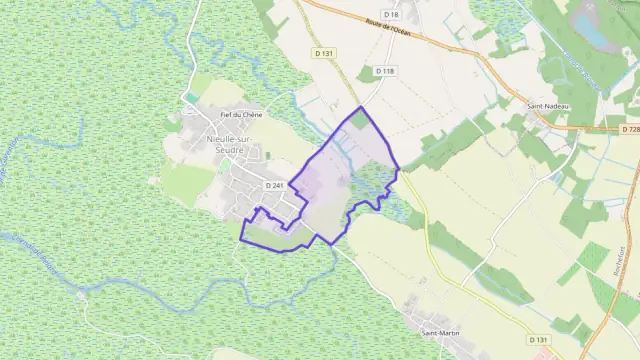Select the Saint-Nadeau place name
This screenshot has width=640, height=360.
point(548,104)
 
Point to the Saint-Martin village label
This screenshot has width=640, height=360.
point(441,331)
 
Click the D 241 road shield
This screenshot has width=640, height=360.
point(275,186)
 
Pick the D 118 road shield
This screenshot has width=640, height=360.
point(386,70)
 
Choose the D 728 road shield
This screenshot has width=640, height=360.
point(630,129)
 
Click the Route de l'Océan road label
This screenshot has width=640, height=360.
point(388,30)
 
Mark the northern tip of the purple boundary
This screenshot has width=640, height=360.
point(358,106)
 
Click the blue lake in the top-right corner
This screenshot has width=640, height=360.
point(598,35)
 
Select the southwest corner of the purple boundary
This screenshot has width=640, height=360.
point(241,239)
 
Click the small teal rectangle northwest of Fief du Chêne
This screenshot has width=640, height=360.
point(188,98)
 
